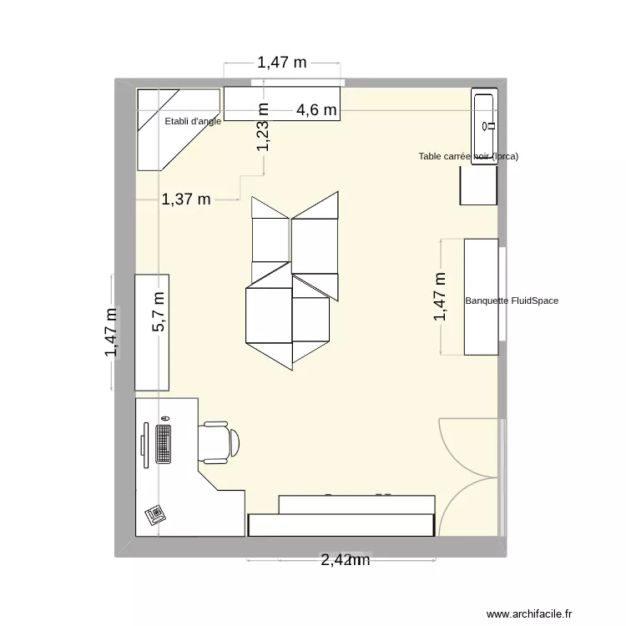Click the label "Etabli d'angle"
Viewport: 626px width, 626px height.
click(193, 122)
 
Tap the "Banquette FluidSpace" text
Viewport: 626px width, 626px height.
click(511, 300)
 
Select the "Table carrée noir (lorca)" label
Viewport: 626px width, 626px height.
click(468, 156)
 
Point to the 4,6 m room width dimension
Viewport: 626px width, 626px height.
click(317, 109)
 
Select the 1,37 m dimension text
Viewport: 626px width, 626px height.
click(186, 199)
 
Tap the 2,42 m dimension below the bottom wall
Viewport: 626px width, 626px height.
click(344, 561)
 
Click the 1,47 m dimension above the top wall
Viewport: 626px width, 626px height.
click(281, 62)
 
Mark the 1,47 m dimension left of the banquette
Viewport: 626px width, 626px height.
click(440, 297)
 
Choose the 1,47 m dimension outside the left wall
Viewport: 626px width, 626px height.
click(111, 332)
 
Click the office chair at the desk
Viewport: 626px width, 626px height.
click(220, 442)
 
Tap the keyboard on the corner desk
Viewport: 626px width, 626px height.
click(163, 443)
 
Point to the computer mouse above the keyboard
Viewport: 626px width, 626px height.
click(165, 417)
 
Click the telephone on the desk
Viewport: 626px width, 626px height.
click(154, 514)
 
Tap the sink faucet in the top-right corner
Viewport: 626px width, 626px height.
click(492, 126)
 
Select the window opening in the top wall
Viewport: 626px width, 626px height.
click(296, 82)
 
